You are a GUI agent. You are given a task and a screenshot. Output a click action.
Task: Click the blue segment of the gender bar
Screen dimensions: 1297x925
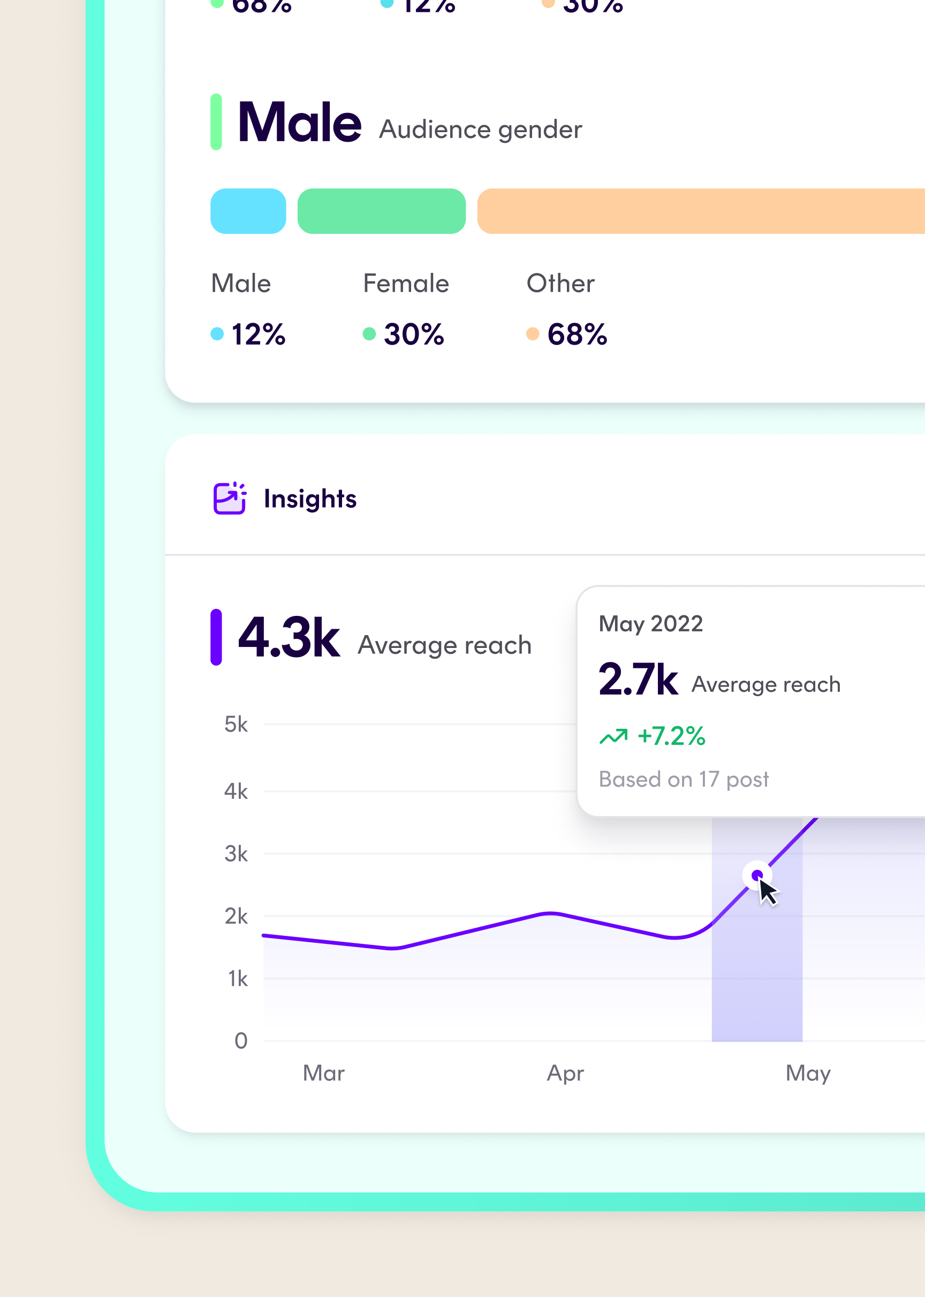pos(248,211)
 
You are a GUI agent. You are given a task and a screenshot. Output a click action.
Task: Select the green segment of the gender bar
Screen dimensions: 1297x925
pos(381,211)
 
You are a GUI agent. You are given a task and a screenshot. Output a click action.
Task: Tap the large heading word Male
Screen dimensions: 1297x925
pos(300,123)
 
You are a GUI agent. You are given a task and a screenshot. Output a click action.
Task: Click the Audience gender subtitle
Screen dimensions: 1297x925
pos(481,130)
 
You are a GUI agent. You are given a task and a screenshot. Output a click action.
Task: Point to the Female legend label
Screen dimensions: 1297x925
pos(406,284)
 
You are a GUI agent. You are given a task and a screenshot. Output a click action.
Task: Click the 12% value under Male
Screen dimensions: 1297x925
pos(258,334)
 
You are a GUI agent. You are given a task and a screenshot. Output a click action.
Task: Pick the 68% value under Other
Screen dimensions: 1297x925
pos(577,334)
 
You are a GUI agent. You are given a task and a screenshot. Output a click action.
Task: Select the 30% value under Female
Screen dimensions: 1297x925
pos(413,334)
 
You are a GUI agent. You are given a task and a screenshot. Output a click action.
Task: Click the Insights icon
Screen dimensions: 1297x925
pos(230,498)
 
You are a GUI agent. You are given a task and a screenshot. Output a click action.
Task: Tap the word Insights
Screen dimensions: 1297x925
pos(310,499)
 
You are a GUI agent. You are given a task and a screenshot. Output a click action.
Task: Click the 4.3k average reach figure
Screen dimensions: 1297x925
pos(289,638)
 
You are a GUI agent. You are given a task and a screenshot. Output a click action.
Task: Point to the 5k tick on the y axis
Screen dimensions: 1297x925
pos(236,724)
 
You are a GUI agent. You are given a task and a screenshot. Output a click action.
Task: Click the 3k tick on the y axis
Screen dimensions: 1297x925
pos(236,854)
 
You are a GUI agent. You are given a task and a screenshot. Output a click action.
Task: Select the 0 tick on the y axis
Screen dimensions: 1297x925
pos(241,1041)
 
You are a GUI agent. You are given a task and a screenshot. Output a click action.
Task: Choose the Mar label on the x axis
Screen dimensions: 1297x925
pos(323,1073)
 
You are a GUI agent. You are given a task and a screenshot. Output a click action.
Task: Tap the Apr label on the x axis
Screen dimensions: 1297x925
pos(565,1073)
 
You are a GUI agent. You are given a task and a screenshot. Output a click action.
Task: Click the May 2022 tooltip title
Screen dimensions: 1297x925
pos(650,624)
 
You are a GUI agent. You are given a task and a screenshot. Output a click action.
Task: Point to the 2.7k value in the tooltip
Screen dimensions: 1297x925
pos(638,679)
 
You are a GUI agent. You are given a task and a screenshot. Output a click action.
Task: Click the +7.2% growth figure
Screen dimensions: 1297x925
pos(671,736)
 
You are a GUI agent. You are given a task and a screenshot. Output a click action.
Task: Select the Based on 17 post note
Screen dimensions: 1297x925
pos(684,779)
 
